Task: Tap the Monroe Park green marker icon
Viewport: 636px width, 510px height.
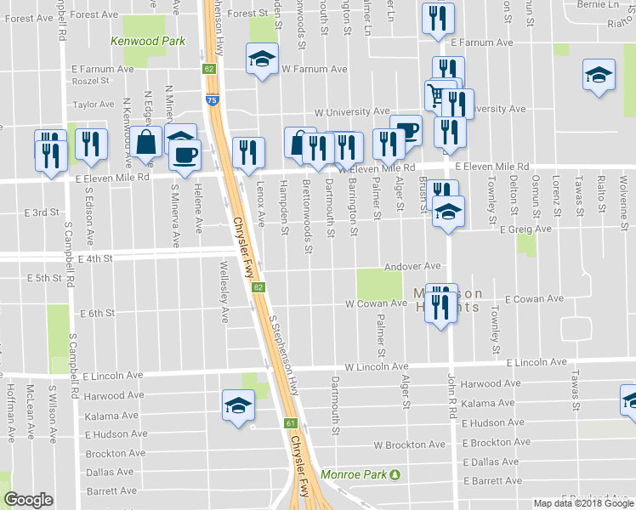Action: click(x=395, y=474)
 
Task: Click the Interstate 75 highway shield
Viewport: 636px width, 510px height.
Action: click(x=209, y=100)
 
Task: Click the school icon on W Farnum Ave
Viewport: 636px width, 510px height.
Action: click(x=262, y=59)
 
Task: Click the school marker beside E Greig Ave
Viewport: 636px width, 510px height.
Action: click(x=448, y=212)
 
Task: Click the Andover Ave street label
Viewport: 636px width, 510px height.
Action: click(x=412, y=266)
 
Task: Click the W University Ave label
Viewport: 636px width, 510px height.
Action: click(x=351, y=111)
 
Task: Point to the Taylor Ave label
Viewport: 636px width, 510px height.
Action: click(x=94, y=105)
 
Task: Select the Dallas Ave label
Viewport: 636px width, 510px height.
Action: click(x=110, y=472)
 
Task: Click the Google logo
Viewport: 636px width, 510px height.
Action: click(x=28, y=500)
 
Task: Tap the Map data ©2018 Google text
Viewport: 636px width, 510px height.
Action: click(x=582, y=503)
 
